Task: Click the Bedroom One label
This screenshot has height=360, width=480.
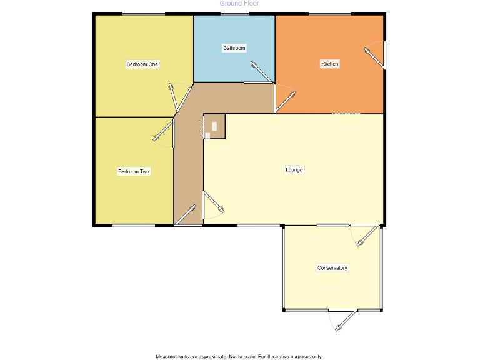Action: [x=142, y=64]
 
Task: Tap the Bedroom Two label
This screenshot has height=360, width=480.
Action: [x=134, y=171]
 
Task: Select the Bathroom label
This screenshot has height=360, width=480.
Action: [x=234, y=48]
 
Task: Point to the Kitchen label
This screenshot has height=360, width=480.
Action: [x=329, y=64]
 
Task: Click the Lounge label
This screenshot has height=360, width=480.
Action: [x=294, y=170]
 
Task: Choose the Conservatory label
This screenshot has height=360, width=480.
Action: [x=332, y=268]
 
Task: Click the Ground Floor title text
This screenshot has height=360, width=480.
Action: [x=239, y=4]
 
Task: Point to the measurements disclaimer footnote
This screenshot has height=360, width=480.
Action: [x=239, y=356]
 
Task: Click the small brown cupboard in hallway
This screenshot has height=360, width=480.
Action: [x=214, y=126]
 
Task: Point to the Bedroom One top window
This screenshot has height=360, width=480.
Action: [x=143, y=14]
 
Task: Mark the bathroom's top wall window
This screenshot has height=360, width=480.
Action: [x=234, y=14]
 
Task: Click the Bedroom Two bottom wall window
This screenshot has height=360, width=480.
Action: [x=134, y=225]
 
